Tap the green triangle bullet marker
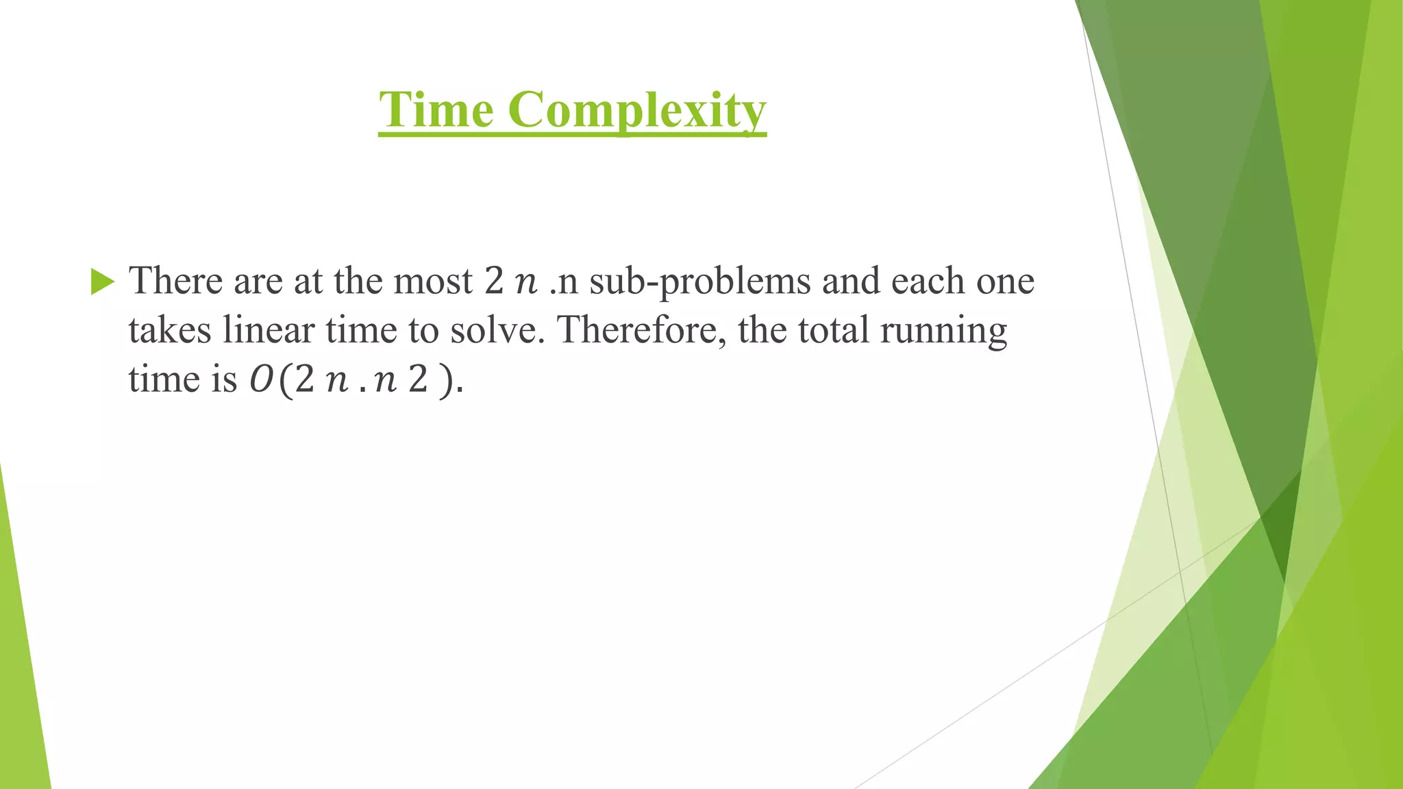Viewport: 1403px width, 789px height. tap(102, 281)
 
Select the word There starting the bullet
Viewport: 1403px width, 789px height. tap(176, 281)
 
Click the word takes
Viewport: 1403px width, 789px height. tap(169, 330)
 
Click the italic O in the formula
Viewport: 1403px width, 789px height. tap(260, 380)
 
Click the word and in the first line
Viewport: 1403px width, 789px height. tap(851, 281)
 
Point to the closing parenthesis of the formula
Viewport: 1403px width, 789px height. tap(446, 381)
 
